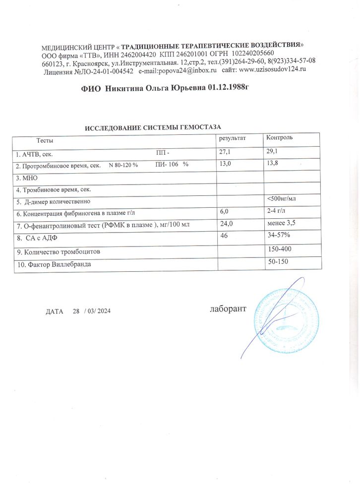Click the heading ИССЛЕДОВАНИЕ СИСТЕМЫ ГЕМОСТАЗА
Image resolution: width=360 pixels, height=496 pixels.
coord(153,127)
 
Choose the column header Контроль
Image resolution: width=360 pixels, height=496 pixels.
coord(281,137)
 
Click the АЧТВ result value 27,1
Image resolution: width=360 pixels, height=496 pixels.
coord(225,151)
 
